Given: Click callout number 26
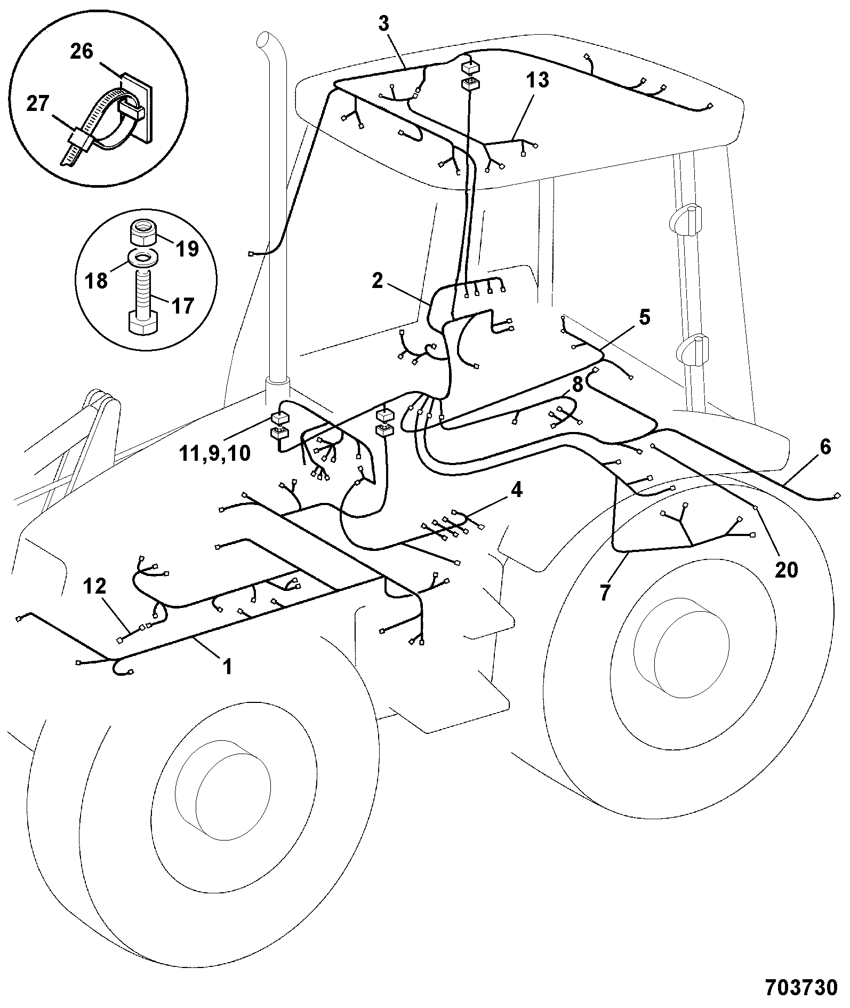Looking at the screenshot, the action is (x=82, y=52).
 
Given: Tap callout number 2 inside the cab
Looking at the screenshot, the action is (x=378, y=281).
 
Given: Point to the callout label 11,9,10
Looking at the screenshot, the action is (x=215, y=453).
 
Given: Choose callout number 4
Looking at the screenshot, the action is (x=516, y=489).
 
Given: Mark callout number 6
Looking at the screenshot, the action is (x=825, y=447).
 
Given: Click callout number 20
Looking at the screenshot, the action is (x=786, y=570).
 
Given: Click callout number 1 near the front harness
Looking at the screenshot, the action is (x=228, y=666).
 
